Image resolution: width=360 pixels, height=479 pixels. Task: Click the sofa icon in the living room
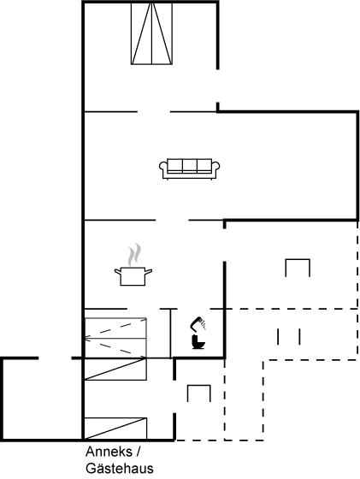click(x=190, y=169)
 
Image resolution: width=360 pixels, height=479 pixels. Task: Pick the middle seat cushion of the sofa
click(x=190, y=166)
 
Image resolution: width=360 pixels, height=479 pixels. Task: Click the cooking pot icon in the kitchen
click(x=133, y=275)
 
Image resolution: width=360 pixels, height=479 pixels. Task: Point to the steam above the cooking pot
click(x=134, y=255)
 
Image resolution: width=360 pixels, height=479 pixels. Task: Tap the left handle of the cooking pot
click(x=117, y=271)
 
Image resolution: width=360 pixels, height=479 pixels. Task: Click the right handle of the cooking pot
click(x=149, y=271)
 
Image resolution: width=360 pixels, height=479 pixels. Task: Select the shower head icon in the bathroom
click(x=198, y=324)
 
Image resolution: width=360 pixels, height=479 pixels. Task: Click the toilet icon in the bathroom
click(x=198, y=342)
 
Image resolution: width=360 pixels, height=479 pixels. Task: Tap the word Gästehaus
click(x=120, y=469)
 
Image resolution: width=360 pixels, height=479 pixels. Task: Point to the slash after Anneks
click(x=138, y=452)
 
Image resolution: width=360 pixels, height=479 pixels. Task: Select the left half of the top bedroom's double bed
click(x=141, y=33)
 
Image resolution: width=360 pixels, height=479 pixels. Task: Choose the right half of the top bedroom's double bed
click(x=162, y=33)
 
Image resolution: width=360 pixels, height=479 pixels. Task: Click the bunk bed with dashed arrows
click(x=115, y=338)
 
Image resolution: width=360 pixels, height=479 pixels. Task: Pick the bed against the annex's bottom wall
click(x=115, y=429)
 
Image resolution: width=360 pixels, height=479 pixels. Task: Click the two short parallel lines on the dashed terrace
click(x=288, y=336)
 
